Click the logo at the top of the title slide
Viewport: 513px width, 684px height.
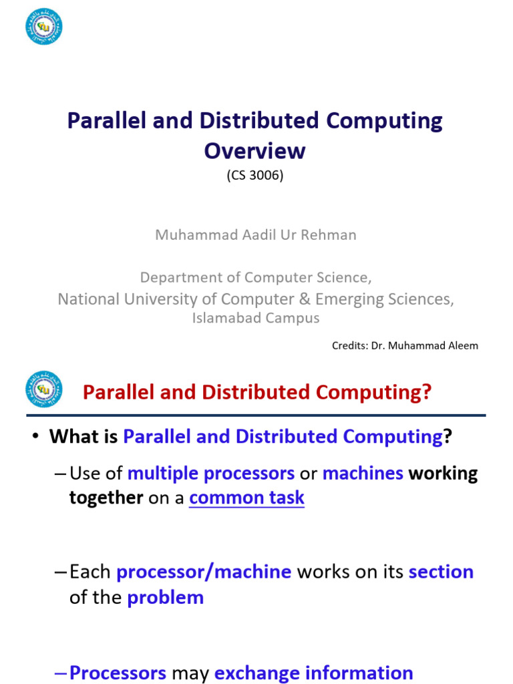[x=44, y=26]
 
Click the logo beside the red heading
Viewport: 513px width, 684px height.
[x=44, y=389]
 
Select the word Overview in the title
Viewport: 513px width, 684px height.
[x=254, y=150]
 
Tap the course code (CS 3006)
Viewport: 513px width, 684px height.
[x=255, y=176]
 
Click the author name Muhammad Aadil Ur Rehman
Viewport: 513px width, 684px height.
[x=256, y=235]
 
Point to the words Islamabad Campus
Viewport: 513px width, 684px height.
[x=256, y=318]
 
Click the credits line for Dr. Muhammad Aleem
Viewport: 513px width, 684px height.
[x=405, y=345]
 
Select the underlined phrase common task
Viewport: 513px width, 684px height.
[x=246, y=498]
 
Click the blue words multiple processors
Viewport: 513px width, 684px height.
[x=211, y=474]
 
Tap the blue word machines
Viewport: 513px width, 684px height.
[x=363, y=474]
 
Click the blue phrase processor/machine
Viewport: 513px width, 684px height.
[x=204, y=572]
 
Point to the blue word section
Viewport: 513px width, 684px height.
[x=441, y=572]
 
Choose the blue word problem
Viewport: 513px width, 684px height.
[x=165, y=597]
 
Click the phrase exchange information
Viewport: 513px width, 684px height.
[x=313, y=672]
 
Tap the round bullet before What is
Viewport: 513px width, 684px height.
[x=35, y=438]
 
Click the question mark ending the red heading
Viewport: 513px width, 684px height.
[x=427, y=392]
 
